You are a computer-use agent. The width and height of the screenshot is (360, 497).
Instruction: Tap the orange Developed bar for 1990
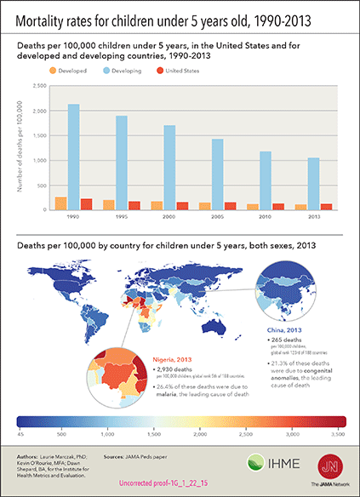click(x=60, y=203)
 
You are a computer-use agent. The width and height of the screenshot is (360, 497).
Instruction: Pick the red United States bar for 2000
click(x=183, y=206)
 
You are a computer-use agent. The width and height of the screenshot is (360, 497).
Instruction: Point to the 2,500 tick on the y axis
click(x=38, y=86)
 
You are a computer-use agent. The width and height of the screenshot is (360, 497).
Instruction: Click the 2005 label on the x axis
click(x=219, y=216)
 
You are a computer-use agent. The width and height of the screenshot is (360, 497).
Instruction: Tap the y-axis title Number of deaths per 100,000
click(x=19, y=147)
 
